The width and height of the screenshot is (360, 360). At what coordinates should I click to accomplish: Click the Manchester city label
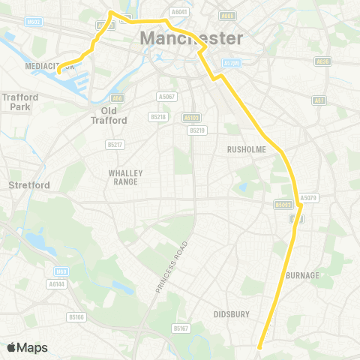coord(191,38)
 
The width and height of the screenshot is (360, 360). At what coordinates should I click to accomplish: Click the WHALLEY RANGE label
coord(125,177)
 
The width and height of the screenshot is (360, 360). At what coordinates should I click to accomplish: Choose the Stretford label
coord(28,184)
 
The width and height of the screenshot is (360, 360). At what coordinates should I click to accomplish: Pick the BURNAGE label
coord(302,275)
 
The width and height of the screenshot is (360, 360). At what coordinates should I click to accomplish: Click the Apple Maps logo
coord(28,347)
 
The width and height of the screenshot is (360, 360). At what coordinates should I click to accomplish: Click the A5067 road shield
coord(167,97)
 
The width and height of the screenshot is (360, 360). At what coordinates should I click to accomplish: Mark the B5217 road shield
coord(115,144)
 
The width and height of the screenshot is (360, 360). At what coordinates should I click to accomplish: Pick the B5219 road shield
coord(196,130)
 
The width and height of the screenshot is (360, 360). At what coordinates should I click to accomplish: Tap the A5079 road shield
coord(308,198)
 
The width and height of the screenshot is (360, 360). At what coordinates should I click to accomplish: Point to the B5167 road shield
coord(181,328)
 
